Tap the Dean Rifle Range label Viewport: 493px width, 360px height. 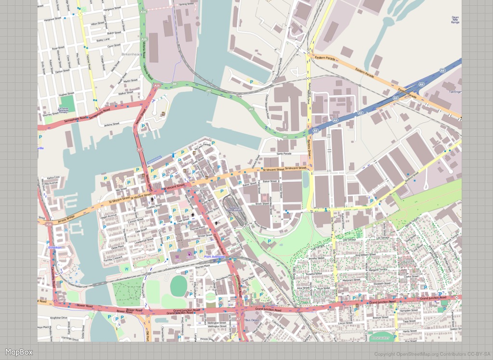click(455, 19)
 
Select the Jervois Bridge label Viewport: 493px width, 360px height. click(67, 218)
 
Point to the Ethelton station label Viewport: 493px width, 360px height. click(55, 247)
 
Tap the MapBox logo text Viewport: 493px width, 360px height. click(19, 352)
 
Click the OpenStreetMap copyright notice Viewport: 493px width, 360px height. click(432, 355)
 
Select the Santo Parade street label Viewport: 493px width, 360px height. click(284, 154)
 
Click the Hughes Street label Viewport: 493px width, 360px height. click(66, 95)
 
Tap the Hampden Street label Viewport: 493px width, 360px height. click(409, 310)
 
